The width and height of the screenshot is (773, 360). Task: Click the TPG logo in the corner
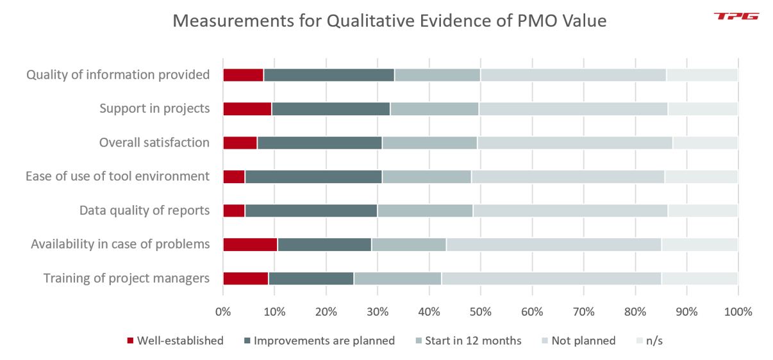tap(736, 16)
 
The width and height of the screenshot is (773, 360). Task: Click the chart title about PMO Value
tap(390, 21)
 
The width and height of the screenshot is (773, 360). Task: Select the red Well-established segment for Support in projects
tap(247, 108)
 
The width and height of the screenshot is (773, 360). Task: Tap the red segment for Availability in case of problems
tap(250, 244)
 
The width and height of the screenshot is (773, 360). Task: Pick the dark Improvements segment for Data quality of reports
tap(311, 210)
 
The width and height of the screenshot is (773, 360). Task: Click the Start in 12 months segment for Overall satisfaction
tap(429, 142)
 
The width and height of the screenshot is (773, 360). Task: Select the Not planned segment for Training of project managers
tap(551, 278)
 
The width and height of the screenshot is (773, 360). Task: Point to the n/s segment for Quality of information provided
tap(702, 75)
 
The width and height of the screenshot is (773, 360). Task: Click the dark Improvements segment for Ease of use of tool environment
tap(313, 176)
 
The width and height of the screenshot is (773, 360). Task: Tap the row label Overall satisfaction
tap(154, 142)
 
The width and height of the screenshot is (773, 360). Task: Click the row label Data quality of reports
tap(144, 210)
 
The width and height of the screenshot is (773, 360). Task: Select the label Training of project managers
tap(126, 278)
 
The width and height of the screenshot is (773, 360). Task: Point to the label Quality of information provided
tap(118, 75)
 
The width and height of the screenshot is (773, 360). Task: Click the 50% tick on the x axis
tap(480, 312)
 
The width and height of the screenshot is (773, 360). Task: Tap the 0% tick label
tap(223, 312)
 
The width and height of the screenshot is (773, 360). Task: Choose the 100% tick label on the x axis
tap(737, 312)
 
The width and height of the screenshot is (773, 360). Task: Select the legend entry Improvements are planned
tap(318, 341)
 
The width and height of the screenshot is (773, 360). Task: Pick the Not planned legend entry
tap(579, 341)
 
